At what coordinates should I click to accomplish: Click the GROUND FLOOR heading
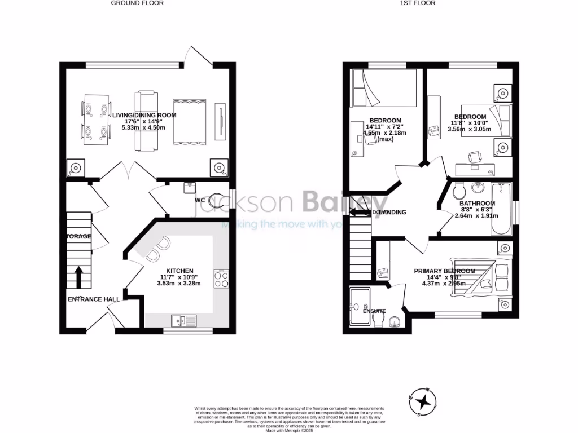137,3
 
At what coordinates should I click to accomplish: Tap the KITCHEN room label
180,271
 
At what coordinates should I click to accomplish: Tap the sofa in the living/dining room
146,121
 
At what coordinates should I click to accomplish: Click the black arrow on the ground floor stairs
78,277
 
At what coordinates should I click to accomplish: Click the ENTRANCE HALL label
94,299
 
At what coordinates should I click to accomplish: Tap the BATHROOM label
477,204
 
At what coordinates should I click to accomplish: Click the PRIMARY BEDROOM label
444,271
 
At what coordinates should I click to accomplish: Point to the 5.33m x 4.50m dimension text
144,128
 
